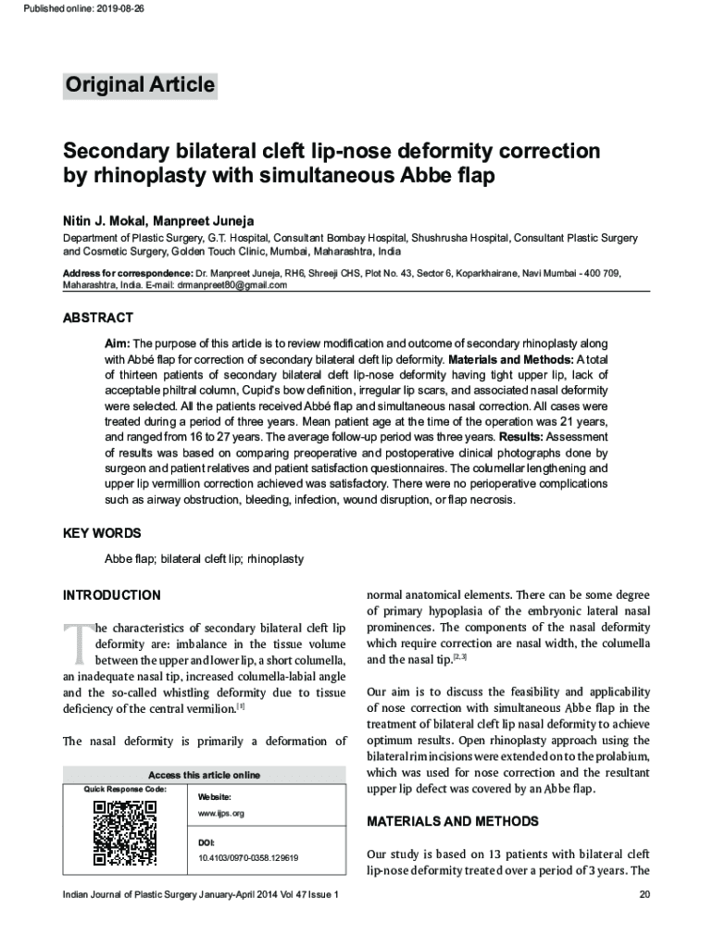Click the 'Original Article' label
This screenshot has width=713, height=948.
[140, 86]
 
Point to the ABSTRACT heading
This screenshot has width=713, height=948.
[98, 318]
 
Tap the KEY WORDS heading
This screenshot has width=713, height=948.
[102, 534]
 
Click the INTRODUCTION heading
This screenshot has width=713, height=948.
[111, 595]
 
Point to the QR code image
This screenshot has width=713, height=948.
[124, 832]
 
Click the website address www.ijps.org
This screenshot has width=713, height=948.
[220, 813]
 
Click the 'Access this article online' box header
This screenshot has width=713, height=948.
[204, 775]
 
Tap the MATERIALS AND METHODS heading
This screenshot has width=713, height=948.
[453, 821]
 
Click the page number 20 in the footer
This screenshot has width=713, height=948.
[645, 895]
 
